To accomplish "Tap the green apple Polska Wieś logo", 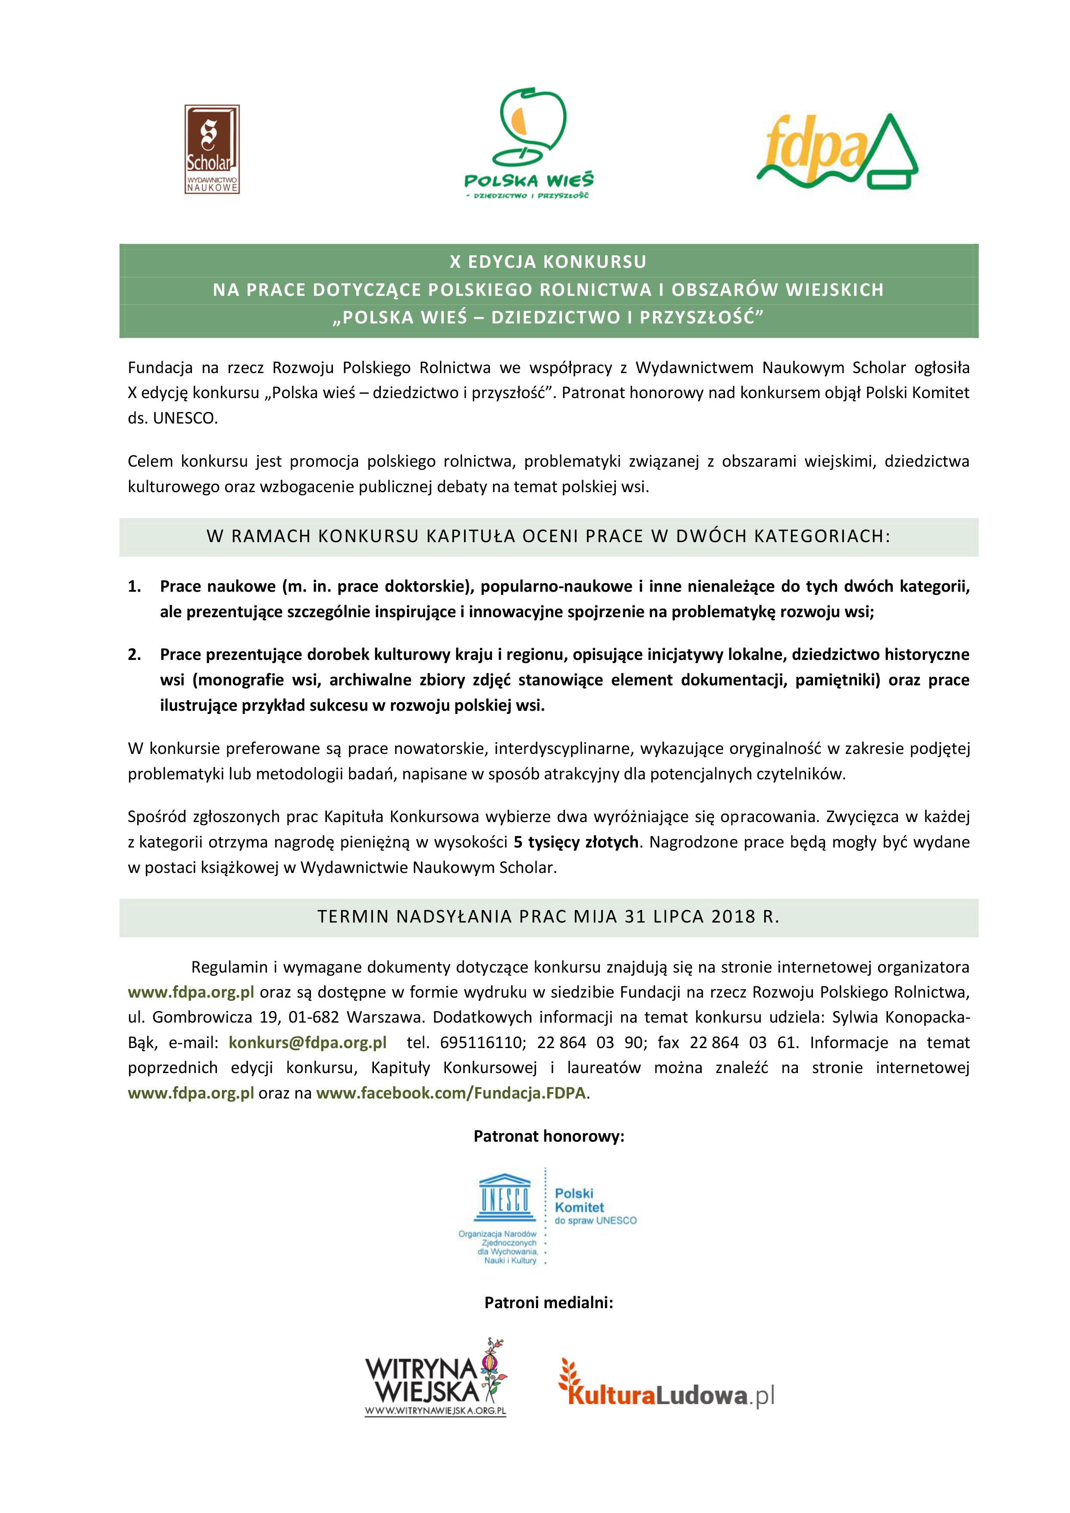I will [x=528, y=145].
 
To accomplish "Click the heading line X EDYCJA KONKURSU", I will [x=548, y=262].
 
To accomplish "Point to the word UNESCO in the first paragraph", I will [x=185, y=418].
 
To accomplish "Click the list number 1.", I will [x=135, y=587].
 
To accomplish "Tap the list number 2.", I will [x=135, y=654].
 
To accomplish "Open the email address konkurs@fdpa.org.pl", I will [x=307, y=1042].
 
